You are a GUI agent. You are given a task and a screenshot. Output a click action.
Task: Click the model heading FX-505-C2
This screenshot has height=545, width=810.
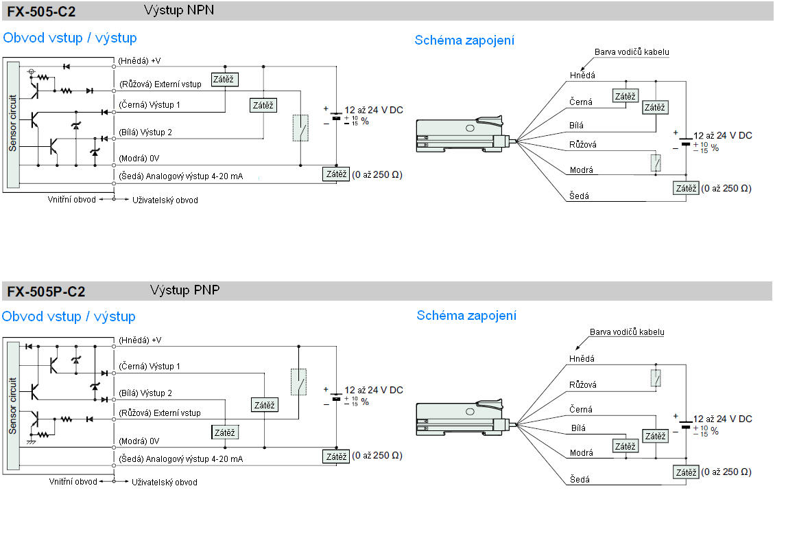[x=42, y=12]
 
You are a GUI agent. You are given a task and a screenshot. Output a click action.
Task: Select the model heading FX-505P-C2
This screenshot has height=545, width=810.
[x=47, y=292]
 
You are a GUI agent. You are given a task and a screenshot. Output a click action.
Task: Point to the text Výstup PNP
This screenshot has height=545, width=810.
[x=185, y=290]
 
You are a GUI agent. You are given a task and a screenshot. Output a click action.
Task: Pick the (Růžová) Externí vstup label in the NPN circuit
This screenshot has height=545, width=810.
[x=160, y=84]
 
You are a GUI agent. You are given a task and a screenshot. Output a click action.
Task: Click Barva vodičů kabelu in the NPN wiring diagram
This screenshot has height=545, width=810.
[x=632, y=51]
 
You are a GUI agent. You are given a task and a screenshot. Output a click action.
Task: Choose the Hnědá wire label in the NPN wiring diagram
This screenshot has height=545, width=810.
[x=582, y=76]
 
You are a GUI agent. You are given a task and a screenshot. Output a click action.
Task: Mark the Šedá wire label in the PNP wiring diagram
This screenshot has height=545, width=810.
[x=580, y=480]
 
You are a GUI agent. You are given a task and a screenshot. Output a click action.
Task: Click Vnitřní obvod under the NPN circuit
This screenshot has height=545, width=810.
[x=71, y=200]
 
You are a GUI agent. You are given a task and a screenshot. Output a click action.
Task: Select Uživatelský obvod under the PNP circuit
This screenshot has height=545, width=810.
[x=165, y=483]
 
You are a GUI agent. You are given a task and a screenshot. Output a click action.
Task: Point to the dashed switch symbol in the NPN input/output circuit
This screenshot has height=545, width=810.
[x=300, y=128]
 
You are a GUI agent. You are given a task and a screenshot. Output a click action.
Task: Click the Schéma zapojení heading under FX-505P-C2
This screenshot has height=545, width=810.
[x=466, y=316]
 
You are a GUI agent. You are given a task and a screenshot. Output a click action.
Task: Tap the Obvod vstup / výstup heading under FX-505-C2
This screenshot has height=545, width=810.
[x=70, y=38]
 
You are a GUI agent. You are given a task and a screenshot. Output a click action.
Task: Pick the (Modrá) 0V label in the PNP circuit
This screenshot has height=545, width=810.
[x=139, y=441]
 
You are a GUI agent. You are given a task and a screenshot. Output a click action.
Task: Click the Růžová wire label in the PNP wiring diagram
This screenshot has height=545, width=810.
[x=583, y=385]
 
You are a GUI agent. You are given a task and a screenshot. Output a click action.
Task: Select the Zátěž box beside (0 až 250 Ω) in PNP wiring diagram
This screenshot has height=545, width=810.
[x=686, y=472]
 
